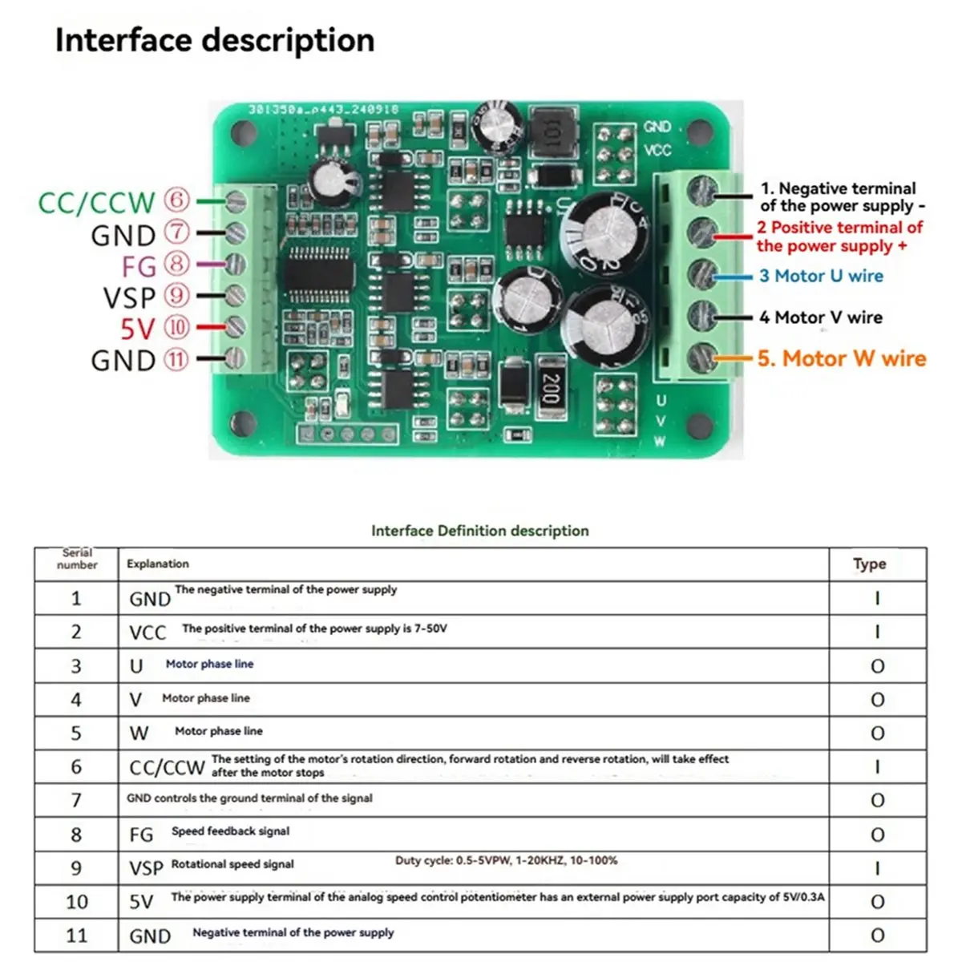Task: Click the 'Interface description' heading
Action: tap(214, 40)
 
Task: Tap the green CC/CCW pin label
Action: tap(96, 202)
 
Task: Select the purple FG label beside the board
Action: tap(139, 266)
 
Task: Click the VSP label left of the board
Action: tap(129, 297)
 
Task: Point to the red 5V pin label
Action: tap(137, 329)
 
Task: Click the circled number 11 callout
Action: tap(176, 359)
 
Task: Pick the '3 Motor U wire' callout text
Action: tap(821, 276)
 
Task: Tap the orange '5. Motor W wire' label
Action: tap(841, 358)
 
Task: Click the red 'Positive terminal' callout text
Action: tap(839, 236)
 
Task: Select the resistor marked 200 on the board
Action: tap(550, 388)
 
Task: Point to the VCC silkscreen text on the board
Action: tap(657, 151)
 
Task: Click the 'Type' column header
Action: tap(869, 564)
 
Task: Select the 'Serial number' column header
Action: tap(77, 559)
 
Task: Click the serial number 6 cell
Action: tap(76, 766)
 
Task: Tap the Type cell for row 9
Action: tap(877, 868)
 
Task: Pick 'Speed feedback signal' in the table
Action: tap(230, 831)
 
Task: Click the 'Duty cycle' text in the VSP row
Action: tap(506, 860)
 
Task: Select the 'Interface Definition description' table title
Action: tap(479, 531)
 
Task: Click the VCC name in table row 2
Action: tap(148, 633)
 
